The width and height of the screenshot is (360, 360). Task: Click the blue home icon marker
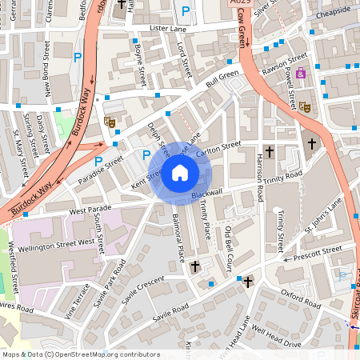click(180, 173)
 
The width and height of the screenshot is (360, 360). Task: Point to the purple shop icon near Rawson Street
click(301, 73)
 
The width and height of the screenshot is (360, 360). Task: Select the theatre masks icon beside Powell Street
click(306, 106)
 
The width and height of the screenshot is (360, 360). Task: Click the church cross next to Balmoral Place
click(194, 265)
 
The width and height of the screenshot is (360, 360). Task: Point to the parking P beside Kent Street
click(146, 154)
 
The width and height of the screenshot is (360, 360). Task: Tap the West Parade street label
click(90, 210)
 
